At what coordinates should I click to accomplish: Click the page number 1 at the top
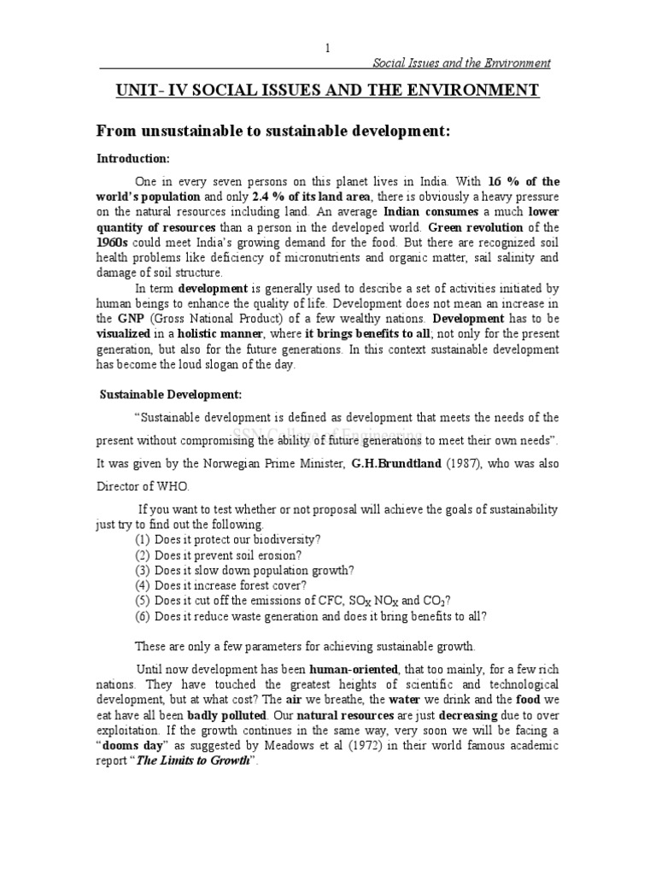click(x=327, y=49)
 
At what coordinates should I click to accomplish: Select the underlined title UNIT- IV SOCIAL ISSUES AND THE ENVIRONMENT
click(x=327, y=91)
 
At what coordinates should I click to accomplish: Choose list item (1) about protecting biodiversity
click(x=227, y=539)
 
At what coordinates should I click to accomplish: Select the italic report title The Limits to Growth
click(x=201, y=760)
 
